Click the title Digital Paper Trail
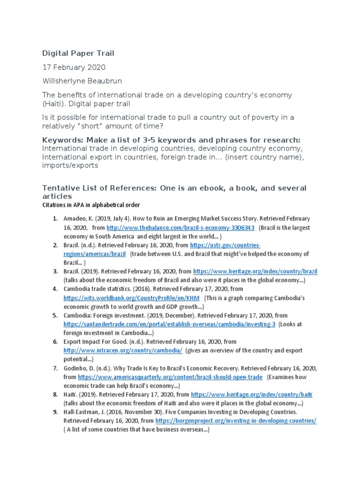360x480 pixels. click(x=78, y=53)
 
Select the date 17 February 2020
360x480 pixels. click(x=74, y=67)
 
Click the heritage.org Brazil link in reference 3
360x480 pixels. click(x=255, y=271)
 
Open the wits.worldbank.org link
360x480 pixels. click(x=132, y=298)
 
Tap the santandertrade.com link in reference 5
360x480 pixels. click(x=169, y=324)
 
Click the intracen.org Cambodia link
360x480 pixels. click(x=123, y=350)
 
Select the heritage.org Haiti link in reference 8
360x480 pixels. click(x=252, y=395)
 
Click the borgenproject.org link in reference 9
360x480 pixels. click(x=236, y=421)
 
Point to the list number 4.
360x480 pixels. click(x=55, y=289)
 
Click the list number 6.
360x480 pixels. click(x=55, y=342)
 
